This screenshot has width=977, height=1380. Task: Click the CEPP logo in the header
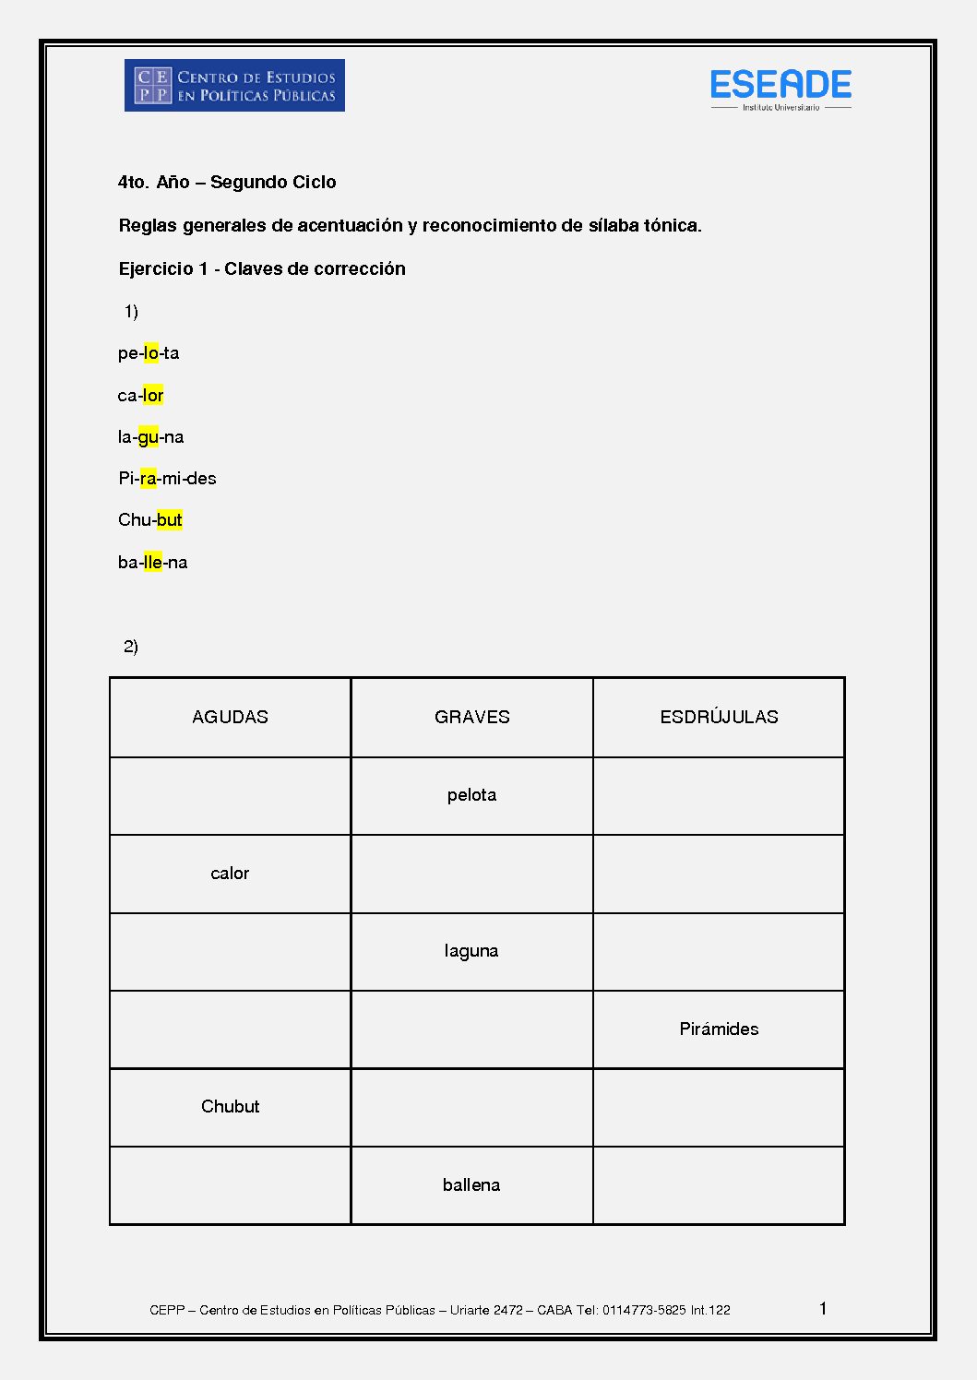(x=234, y=86)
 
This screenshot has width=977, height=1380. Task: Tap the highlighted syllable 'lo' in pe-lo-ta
(x=151, y=353)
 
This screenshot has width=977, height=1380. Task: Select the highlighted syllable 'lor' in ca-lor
(x=153, y=396)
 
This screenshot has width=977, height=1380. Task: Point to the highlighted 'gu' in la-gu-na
(x=148, y=437)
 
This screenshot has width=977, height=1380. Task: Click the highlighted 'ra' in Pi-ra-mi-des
(x=149, y=479)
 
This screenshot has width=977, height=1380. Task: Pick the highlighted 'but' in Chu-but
(x=170, y=520)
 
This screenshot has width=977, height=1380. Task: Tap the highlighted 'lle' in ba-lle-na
(x=153, y=563)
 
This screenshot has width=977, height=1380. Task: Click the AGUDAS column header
(x=230, y=718)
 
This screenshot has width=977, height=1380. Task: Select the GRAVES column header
(x=471, y=718)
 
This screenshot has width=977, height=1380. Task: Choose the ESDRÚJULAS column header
(x=719, y=718)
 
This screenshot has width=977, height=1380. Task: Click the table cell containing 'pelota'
(x=471, y=795)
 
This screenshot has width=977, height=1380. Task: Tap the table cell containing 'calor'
(x=230, y=874)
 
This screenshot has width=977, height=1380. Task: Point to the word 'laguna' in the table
(x=471, y=951)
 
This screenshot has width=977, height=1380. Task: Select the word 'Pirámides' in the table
(x=719, y=1029)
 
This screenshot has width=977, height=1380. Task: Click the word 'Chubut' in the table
(x=230, y=1107)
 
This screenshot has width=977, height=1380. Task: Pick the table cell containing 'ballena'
(x=471, y=1185)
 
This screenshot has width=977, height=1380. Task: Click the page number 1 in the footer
(x=823, y=1308)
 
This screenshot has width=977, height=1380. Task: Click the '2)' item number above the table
(x=131, y=647)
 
